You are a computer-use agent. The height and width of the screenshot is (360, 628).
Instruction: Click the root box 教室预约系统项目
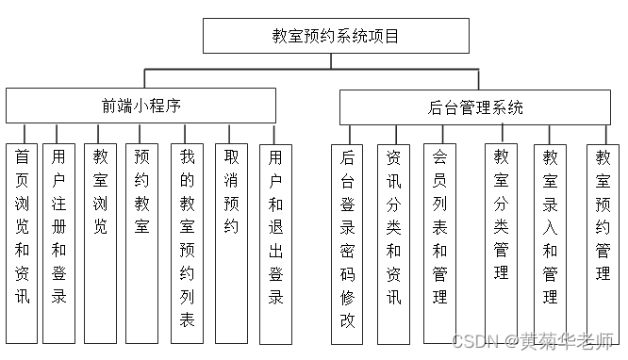click(x=335, y=36)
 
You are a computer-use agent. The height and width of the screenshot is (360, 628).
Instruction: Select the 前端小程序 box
click(x=141, y=106)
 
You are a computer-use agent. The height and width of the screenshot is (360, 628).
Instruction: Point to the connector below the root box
click(x=335, y=61)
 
